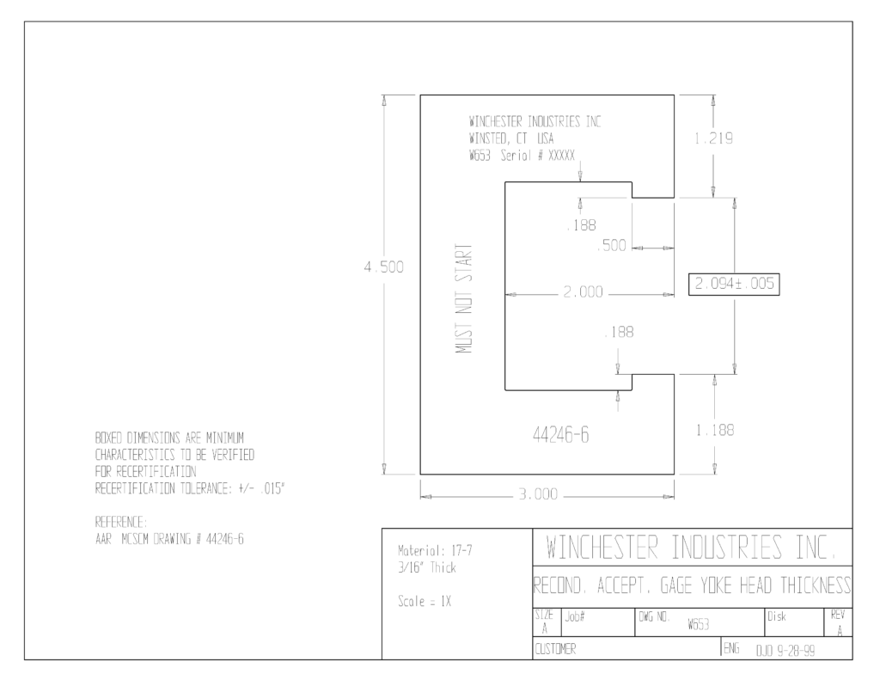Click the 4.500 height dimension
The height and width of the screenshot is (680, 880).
click(x=384, y=266)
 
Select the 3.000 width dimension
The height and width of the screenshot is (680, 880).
click(x=538, y=494)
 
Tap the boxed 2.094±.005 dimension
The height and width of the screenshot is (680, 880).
click(x=734, y=284)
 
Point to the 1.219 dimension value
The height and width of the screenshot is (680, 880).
click(x=713, y=138)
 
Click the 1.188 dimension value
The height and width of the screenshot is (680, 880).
click(x=715, y=430)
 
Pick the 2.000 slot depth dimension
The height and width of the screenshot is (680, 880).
click(x=584, y=292)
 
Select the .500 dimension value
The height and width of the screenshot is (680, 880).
click(x=611, y=245)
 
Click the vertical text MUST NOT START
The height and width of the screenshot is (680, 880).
click(x=463, y=298)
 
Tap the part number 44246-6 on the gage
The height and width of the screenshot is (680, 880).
click(x=560, y=435)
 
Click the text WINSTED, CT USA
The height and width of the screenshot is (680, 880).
click(x=511, y=138)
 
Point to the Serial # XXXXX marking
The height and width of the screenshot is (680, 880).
click(x=538, y=156)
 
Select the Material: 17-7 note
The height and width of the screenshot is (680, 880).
click(x=435, y=551)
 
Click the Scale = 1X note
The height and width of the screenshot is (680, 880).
click(x=425, y=602)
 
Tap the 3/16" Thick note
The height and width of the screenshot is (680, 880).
click(x=427, y=567)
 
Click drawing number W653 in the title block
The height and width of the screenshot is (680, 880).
click(x=698, y=624)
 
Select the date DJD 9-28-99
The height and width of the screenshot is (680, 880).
click(x=785, y=651)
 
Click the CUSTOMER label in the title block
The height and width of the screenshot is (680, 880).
click(x=555, y=649)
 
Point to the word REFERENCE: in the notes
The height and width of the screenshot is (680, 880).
click(x=121, y=522)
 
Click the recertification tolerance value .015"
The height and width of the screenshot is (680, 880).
click(x=272, y=488)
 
